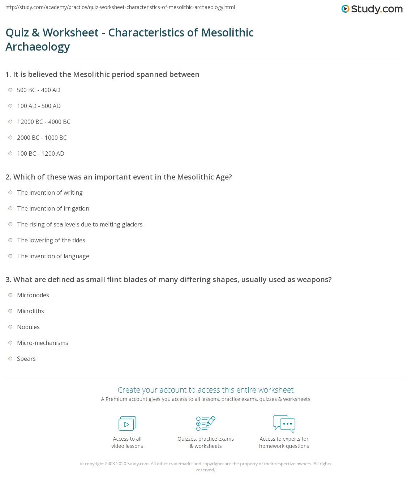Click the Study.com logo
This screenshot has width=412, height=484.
click(372, 9)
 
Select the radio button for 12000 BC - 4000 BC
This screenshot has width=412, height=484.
click(10, 122)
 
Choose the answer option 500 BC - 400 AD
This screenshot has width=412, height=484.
click(38, 90)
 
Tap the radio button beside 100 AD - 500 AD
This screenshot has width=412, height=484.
click(10, 106)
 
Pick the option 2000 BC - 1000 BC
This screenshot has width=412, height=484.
click(42, 138)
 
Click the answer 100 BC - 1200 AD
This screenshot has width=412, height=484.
click(40, 154)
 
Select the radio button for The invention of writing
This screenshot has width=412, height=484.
click(10, 193)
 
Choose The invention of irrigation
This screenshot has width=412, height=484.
click(53, 208)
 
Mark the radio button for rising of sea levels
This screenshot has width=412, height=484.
click(10, 224)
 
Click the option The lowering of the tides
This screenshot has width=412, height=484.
click(51, 240)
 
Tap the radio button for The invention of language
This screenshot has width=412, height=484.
click(10, 256)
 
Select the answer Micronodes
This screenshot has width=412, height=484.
click(33, 295)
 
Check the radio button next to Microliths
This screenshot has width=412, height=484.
click(10, 311)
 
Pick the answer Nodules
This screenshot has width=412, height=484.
click(28, 327)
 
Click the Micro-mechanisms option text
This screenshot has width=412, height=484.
click(43, 343)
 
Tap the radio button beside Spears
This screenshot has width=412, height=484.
click(10, 359)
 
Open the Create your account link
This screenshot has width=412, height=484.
click(206, 390)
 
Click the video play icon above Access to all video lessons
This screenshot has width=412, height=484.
click(127, 424)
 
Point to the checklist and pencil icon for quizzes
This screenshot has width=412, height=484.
click(206, 424)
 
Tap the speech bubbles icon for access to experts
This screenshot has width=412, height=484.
click(284, 424)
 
